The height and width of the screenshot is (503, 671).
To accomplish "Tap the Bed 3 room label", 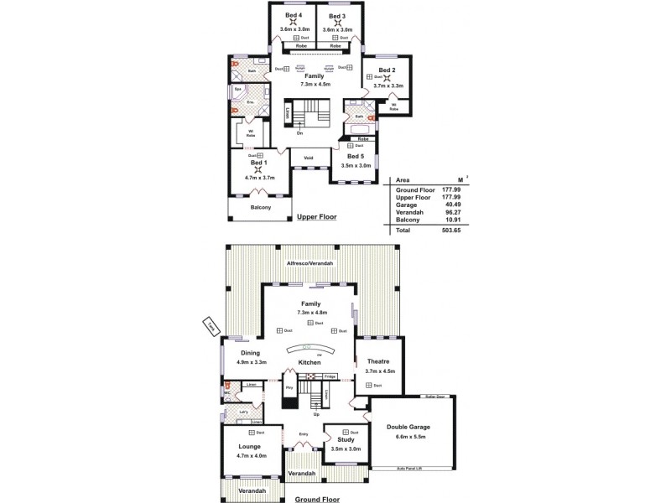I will coord(337,17).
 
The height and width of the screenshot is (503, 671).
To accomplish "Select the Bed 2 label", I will coord(386,70).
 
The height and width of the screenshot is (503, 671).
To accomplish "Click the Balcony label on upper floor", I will coord(260,208).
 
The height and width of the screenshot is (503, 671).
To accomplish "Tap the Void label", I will coord(308,157).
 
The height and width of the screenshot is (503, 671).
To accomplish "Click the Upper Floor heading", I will coord(316,217).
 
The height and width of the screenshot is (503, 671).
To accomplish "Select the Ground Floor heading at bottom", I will coord(316,498).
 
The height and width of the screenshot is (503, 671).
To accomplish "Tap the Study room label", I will coord(346,439).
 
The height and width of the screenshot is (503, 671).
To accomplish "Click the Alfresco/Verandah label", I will coord(309,263).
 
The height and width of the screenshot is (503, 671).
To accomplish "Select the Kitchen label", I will coord(309,363).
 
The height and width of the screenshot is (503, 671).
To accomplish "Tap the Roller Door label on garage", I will coord(434,397).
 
